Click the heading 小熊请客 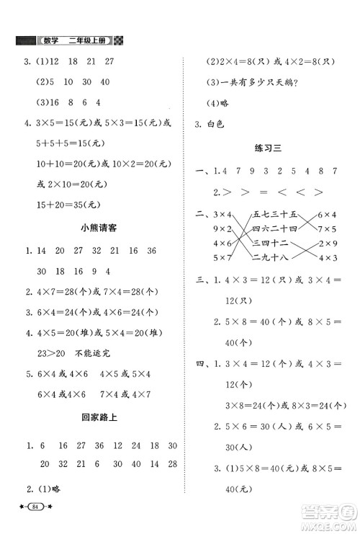tap(96, 229)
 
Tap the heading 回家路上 tap(96, 417)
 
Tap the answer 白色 tap(215, 124)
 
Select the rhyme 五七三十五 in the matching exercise tap(271, 214)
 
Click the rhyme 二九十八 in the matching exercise tap(271, 257)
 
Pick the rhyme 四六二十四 tap(271, 228)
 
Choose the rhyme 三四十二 tap(271, 243)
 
